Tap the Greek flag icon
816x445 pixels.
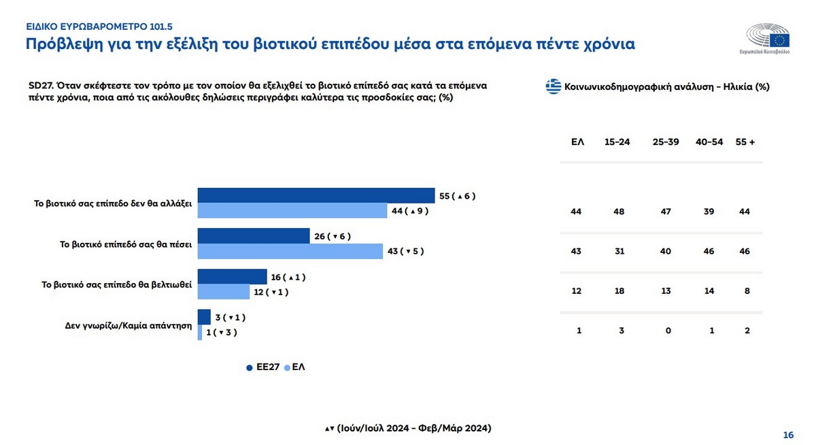(554, 86)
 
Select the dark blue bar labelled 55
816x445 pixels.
(316, 195)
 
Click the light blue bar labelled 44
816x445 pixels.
(292, 210)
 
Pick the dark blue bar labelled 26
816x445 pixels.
(254, 236)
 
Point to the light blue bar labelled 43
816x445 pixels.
(290, 251)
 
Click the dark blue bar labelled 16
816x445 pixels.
(232, 277)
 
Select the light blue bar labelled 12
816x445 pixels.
(224, 292)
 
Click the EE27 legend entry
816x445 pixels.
(263, 367)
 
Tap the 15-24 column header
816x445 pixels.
(617, 142)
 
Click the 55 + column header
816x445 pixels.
(745, 142)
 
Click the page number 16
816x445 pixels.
(789, 435)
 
